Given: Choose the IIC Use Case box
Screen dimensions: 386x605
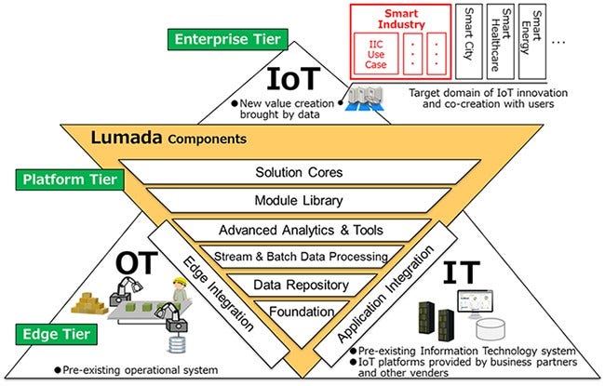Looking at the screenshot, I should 376,53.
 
